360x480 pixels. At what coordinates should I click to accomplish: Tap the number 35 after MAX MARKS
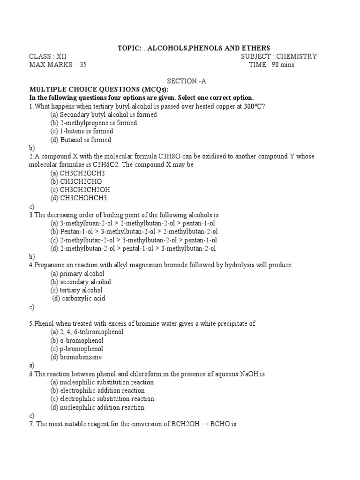(x=83, y=65)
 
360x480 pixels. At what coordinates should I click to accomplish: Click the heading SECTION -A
(x=187, y=81)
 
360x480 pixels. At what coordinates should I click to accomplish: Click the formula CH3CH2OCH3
(x=81, y=173)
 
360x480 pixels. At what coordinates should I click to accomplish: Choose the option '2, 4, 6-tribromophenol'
(x=87, y=332)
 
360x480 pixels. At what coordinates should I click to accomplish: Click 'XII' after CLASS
(x=61, y=56)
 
